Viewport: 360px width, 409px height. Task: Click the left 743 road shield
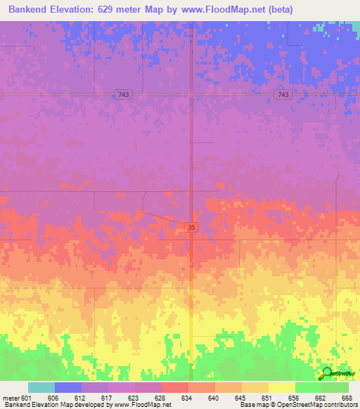124,94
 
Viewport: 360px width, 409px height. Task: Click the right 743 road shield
283,94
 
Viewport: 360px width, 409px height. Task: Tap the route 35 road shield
192,227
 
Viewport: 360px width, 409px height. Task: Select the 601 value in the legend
27,397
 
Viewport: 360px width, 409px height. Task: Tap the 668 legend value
347,397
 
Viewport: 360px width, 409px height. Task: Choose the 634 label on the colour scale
187,397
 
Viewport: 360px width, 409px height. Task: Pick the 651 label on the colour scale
267,397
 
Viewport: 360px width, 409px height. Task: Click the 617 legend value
107,397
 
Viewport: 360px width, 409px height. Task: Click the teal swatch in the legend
41,387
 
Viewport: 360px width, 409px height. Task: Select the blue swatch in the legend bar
67,387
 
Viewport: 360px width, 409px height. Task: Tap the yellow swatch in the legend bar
281,387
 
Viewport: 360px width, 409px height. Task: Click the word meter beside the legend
11,397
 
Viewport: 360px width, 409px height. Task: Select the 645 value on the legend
240,397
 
